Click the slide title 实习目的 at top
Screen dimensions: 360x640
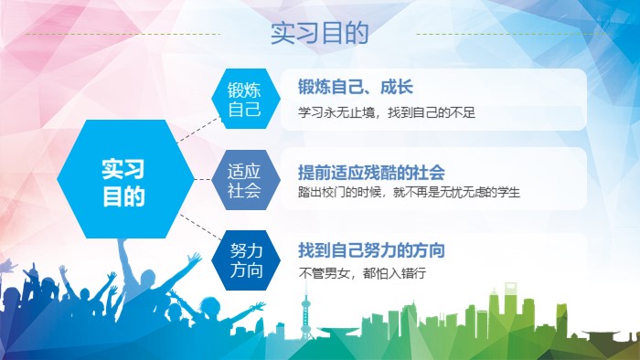tap(319, 34)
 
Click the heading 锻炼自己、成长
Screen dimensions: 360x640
tap(356, 87)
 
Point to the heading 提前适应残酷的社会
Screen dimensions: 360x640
tap(371, 171)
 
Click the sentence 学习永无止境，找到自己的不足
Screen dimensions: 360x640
tap(387, 113)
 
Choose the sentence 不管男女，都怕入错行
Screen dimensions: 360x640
tap(362, 272)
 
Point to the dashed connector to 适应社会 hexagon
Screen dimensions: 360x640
tap(203, 180)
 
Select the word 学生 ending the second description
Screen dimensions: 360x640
tap(507, 193)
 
